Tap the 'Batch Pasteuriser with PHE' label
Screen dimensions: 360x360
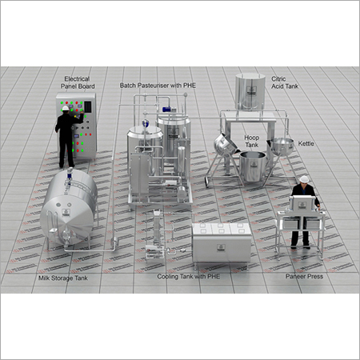[x=158, y=84]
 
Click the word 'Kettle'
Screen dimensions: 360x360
[x=306, y=145]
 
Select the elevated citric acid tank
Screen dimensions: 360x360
[x=251, y=93]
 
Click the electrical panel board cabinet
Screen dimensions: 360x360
[x=82, y=124]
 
